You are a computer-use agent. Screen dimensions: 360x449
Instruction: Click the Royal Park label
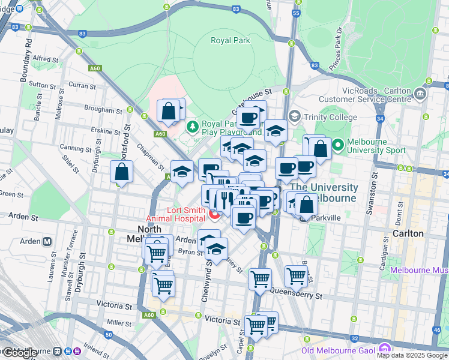230,41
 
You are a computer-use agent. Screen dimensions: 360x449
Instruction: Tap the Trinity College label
330,117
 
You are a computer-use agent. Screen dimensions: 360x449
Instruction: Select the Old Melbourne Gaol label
339,350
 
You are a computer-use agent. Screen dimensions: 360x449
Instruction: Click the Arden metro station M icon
47,242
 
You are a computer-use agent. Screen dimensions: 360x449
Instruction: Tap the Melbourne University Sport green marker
337,145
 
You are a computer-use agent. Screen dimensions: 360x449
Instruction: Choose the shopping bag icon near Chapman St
122,172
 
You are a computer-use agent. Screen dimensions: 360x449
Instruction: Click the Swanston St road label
374,191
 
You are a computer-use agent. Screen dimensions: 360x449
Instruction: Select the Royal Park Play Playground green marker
192,127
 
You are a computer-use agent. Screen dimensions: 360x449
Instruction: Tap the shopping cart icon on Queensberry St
297,277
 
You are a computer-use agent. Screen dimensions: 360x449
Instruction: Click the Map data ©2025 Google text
412,355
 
